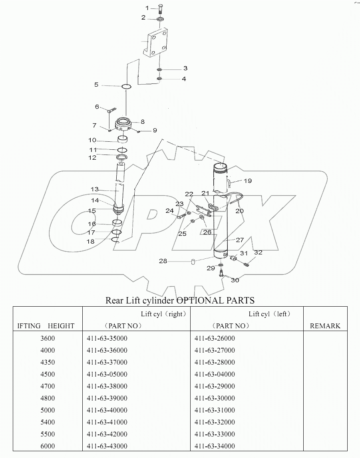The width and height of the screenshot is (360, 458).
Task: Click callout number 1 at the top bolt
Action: [147, 8]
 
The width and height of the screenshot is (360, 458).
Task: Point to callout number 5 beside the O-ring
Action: [96, 85]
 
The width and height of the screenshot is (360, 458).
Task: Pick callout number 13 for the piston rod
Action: [94, 189]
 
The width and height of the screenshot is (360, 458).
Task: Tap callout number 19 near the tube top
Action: [248, 181]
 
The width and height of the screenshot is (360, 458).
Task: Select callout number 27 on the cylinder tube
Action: [239, 240]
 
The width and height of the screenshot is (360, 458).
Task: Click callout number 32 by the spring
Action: [258, 252]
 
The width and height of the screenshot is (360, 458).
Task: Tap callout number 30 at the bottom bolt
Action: [235, 280]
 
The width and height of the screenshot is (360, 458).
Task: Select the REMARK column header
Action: [325, 326]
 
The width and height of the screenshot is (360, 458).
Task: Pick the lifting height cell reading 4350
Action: [48, 362]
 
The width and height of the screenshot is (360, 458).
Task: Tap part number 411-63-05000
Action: [107, 374]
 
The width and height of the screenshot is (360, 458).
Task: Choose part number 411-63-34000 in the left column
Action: [215, 446]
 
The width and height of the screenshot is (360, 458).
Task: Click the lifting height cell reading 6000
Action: [48, 446]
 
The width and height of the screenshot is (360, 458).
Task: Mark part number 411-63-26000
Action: [215, 338]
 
